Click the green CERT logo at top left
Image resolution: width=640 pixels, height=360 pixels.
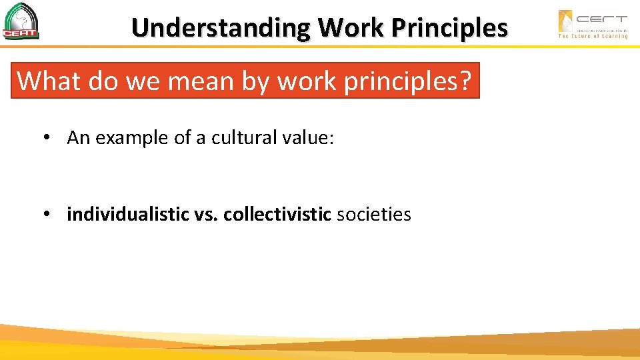coord(21,21)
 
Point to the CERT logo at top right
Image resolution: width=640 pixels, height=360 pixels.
coord(593,21)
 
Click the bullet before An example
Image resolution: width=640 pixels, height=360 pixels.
coord(47,138)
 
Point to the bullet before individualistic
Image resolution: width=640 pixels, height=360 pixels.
coord(47,215)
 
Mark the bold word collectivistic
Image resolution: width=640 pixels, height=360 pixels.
coord(277,215)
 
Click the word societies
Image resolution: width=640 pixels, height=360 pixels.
coord(374,215)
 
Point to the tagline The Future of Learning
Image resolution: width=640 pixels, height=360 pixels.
coord(593,36)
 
